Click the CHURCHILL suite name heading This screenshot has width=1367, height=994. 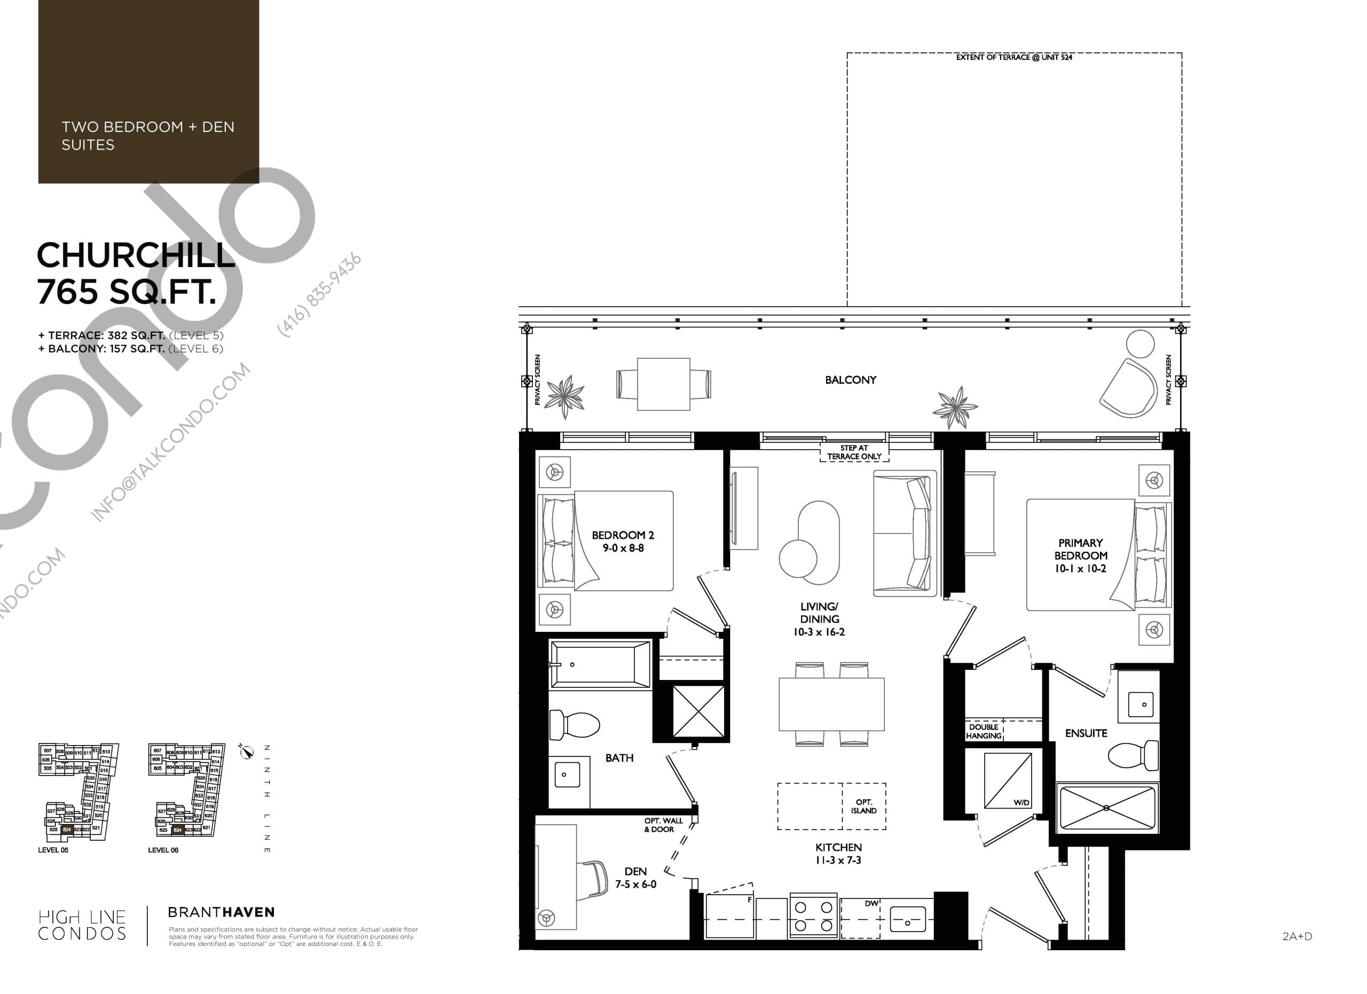coord(136,256)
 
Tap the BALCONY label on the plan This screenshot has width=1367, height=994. coord(850,380)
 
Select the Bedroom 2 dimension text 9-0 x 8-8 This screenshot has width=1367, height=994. coord(623,548)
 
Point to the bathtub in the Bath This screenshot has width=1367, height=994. coord(600,664)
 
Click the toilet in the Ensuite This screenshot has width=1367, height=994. coord(1133,755)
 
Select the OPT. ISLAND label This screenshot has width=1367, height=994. coord(863,807)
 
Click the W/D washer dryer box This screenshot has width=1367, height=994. coord(1007,780)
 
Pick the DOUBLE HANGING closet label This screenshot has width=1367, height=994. coord(984,731)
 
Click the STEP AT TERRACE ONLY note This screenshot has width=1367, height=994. coord(854,452)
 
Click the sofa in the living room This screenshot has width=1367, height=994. coord(904,534)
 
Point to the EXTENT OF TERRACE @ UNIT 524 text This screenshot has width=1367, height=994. coord(1014,57)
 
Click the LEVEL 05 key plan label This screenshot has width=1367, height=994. coord(53,850)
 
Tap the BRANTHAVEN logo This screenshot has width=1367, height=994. coord(221,912)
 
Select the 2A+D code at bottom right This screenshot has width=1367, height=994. coord(1297,936)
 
